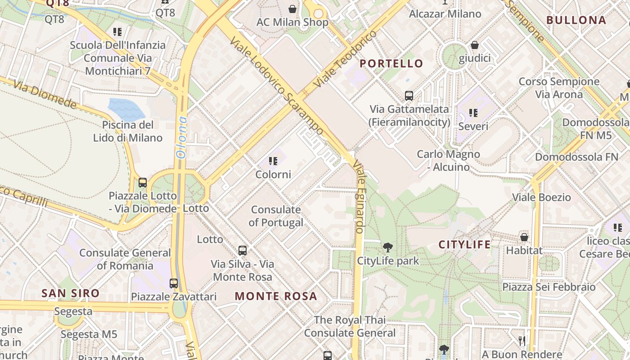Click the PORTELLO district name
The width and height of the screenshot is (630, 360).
click(391, 63)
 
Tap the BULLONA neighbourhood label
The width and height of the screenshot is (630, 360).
click(576, 20)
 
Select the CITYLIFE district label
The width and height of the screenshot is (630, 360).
click(464, 245)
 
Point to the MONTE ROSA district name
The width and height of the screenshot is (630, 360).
click(276, 296)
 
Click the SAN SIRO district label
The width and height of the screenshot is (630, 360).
click(71, 293)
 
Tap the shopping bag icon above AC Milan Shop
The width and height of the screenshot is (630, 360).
click(292, 9)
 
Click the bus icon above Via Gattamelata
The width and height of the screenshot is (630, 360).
click(409, 95)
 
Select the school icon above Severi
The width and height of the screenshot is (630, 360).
click(473, 112)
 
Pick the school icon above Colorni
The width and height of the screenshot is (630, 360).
click(273, 161)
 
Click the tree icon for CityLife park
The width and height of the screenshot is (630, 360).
click(387, 247)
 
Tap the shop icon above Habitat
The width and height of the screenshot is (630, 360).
click(524, 237)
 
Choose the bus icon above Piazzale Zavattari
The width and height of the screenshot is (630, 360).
click(174, 283)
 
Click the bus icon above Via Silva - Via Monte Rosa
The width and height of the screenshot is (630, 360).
click(243, 250)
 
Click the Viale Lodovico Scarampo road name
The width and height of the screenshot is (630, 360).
click(276, 86)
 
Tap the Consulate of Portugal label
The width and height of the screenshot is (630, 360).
click(276, 216)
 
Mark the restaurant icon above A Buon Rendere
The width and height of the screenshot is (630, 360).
click(522, 341)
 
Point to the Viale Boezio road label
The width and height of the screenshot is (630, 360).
click(541, 197)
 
